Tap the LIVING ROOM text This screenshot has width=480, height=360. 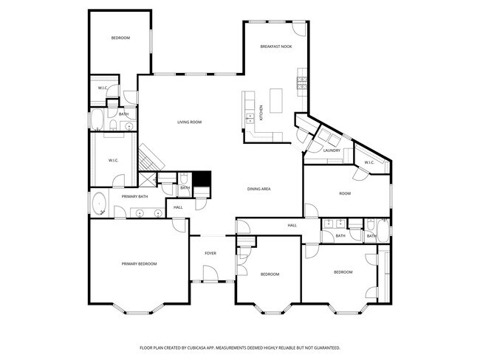189,122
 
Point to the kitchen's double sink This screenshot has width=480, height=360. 247,108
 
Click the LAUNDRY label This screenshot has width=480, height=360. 332,150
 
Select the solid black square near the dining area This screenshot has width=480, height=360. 202,180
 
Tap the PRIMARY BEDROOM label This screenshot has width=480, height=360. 139,263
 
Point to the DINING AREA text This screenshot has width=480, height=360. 258,189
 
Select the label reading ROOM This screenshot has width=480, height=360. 344,193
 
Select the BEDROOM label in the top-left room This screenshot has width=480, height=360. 120,38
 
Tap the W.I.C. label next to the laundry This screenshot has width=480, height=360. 368,163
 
